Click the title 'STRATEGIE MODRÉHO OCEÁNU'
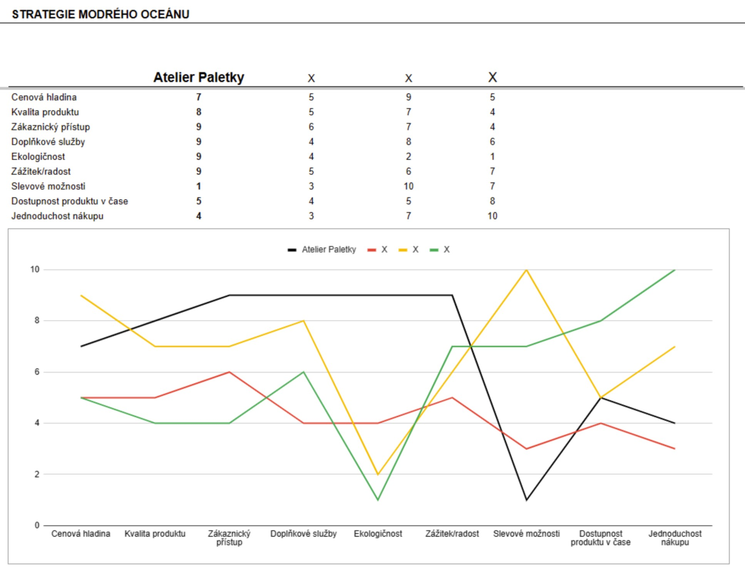click(100, 14)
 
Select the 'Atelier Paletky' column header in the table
click(199, 77)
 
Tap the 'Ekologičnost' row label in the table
click(38, 157)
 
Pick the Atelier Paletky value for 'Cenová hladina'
click(199, 97)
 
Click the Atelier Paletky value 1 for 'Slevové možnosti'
click(199, 186)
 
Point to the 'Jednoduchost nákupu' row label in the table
click(57, 216)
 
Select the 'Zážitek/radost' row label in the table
click(41, 171)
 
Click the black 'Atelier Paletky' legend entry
click(322, 250)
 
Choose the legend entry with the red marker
click(377, 250)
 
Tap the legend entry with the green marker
click(440, 250)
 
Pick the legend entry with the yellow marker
click(408, 250)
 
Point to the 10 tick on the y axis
click(35, 269)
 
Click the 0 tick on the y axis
click(37, 525)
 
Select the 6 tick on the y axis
click(37, 372)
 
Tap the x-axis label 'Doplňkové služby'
click(303, 534)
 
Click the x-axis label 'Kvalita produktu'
click(155, 534)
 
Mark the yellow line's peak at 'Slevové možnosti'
click(526, 270)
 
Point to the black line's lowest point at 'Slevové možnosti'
click(526, 500)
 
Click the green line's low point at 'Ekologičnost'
click(378, 500)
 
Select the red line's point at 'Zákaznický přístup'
click(230, 372)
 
